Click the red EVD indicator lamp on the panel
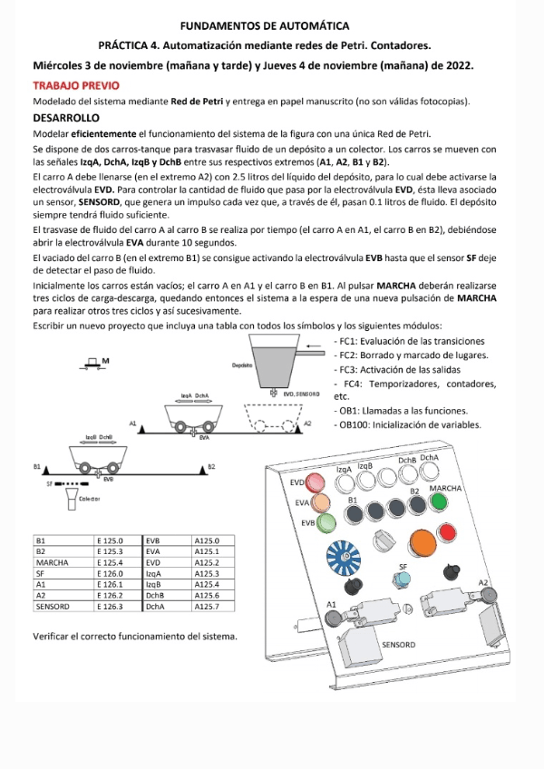316,481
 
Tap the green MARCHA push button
444,504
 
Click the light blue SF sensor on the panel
404,581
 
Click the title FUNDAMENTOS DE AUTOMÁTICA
272,27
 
